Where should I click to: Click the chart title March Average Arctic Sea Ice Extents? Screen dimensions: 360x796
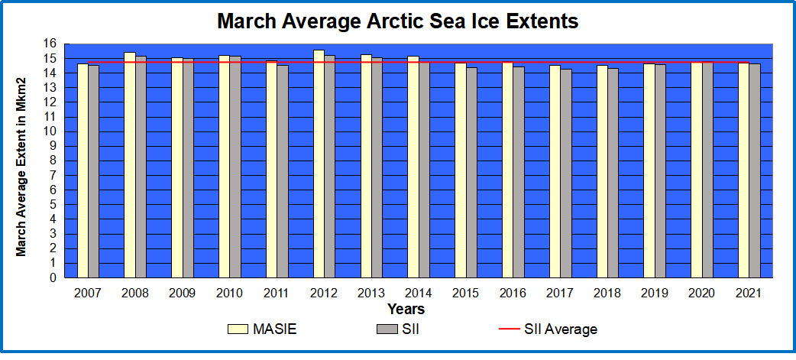(397, 21)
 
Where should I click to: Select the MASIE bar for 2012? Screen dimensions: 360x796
(319, 164)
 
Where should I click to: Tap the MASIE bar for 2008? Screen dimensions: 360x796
(130, 164)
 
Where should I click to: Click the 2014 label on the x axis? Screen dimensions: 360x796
(418, 293)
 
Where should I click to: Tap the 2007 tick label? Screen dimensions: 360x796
(88, 293)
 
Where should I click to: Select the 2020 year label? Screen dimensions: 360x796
(701, 293)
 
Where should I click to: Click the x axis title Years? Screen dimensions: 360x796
(406, 310)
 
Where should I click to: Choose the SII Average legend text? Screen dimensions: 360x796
(561, 329)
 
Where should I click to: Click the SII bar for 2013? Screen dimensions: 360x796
(377, 167)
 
